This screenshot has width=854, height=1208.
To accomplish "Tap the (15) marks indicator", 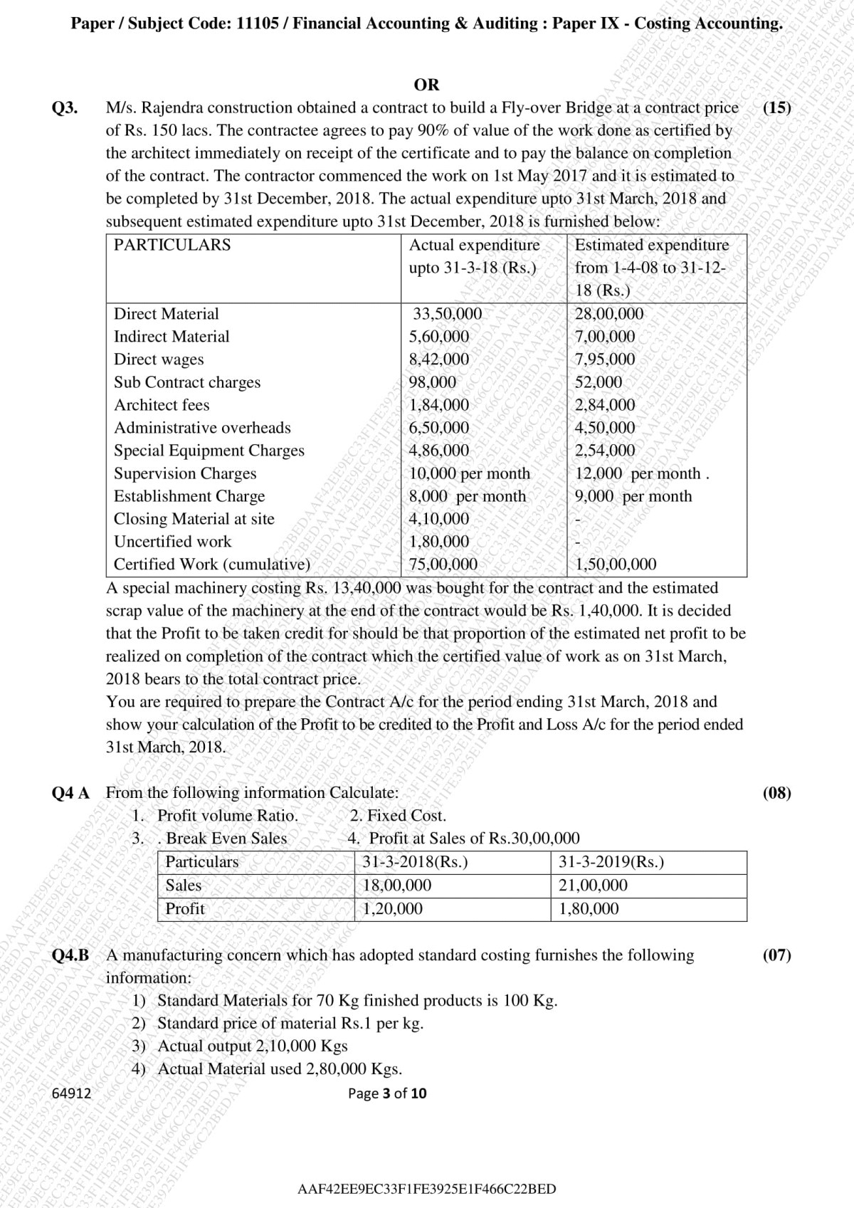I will tap(776, 108).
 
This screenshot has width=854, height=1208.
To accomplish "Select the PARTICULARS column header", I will tap(172, 245).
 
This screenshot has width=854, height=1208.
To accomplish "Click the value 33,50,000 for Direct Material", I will tap(448, 314).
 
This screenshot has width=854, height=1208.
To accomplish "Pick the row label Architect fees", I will tap(162, 405).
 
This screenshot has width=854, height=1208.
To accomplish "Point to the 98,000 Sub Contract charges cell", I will tap(432, 382).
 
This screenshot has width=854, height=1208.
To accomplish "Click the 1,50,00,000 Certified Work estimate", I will tap(616, 564).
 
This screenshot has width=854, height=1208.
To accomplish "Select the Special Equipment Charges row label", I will tap(209, 451).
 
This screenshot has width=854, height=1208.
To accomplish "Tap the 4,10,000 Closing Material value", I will tap(439, 519).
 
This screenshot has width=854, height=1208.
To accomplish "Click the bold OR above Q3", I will tap(426, 85).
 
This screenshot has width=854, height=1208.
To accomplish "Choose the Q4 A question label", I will tap(70, 793).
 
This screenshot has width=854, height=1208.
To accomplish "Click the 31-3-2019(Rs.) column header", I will tap(611, 862).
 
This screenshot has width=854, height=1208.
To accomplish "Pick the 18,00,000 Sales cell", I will tap(397, 886).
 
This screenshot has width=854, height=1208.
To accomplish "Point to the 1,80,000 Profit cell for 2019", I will tap(589, 909).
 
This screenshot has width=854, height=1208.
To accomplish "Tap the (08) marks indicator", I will tap(776, 793).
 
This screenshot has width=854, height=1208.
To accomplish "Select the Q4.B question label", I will tap(70, 955).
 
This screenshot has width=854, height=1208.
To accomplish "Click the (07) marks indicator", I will tap(776, 955).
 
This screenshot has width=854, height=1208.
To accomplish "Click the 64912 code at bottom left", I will tap(72, 1093).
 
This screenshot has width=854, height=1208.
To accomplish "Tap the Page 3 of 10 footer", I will tap(387, 1093).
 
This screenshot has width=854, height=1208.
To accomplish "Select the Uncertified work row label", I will tap(172, 542).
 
